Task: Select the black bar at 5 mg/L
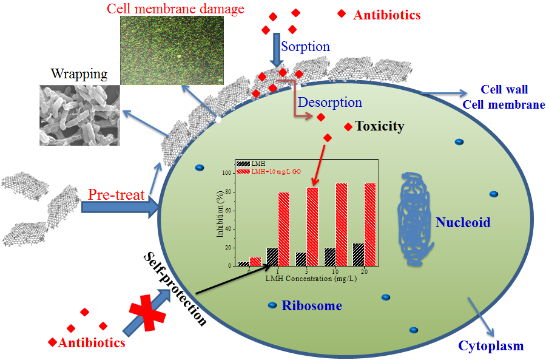pos(301,259)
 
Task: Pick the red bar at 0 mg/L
pos(255,261)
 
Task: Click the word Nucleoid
pos(463,223)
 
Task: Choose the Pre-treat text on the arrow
pos(116,195)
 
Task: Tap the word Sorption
pos(306,47)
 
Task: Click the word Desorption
pos(330,103)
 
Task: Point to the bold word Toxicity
pos(380,126)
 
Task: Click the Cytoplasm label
pos(490,346)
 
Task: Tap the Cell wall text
pos(504,90)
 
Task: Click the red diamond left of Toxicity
pos(348,126)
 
